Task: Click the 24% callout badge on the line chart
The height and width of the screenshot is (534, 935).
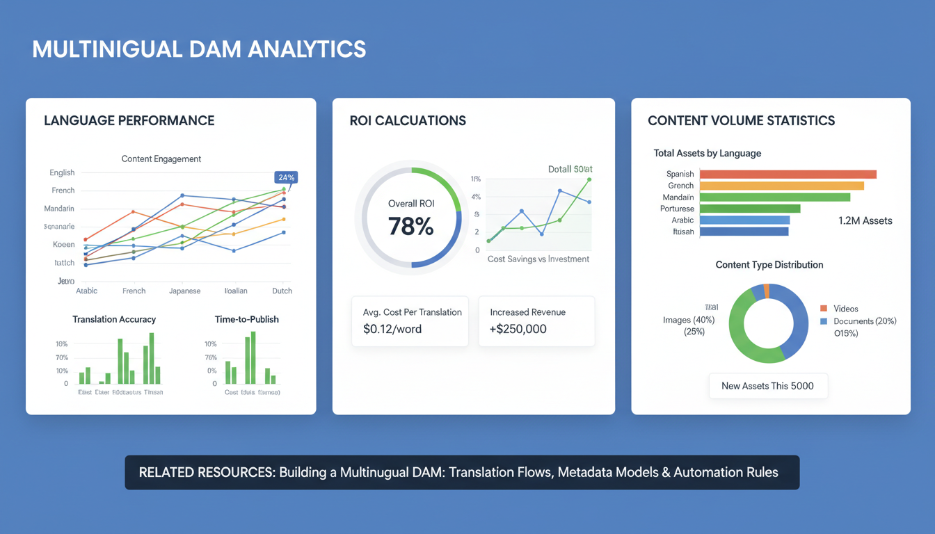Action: (x=286, y=177)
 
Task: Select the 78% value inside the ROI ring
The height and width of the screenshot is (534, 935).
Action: (x=410, y=226)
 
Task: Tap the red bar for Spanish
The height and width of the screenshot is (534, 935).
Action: (x=788, y=175)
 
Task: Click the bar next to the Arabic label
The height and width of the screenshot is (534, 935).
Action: (x=744, y=220)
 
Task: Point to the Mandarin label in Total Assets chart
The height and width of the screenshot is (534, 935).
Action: (x=678, y=197)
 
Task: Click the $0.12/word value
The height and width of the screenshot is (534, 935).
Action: (x=392, y=329)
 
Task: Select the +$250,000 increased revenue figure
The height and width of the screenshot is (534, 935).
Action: (x=518, y=329)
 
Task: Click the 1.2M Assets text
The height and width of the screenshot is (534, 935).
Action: (x=865, y=220)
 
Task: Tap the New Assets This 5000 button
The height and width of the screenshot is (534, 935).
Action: (x=767, y=386)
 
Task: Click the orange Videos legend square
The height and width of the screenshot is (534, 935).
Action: (x=824, y=308)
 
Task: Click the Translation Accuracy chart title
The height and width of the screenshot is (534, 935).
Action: (x=114, y=319)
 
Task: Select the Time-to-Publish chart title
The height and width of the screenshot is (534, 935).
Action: (x=246, y=319)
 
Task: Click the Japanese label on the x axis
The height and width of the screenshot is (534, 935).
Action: (x=184, y=291)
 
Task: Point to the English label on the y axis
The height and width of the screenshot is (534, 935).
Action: (x=62, y=172)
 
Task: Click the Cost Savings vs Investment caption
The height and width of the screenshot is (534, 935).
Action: (x=538, y=259)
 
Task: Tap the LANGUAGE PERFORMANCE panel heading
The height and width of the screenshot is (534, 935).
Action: (x=129, y=120)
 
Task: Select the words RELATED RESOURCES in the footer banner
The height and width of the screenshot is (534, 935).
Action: (x=206, y=473)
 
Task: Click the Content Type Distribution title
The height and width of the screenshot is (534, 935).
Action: (x=769, y=265)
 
